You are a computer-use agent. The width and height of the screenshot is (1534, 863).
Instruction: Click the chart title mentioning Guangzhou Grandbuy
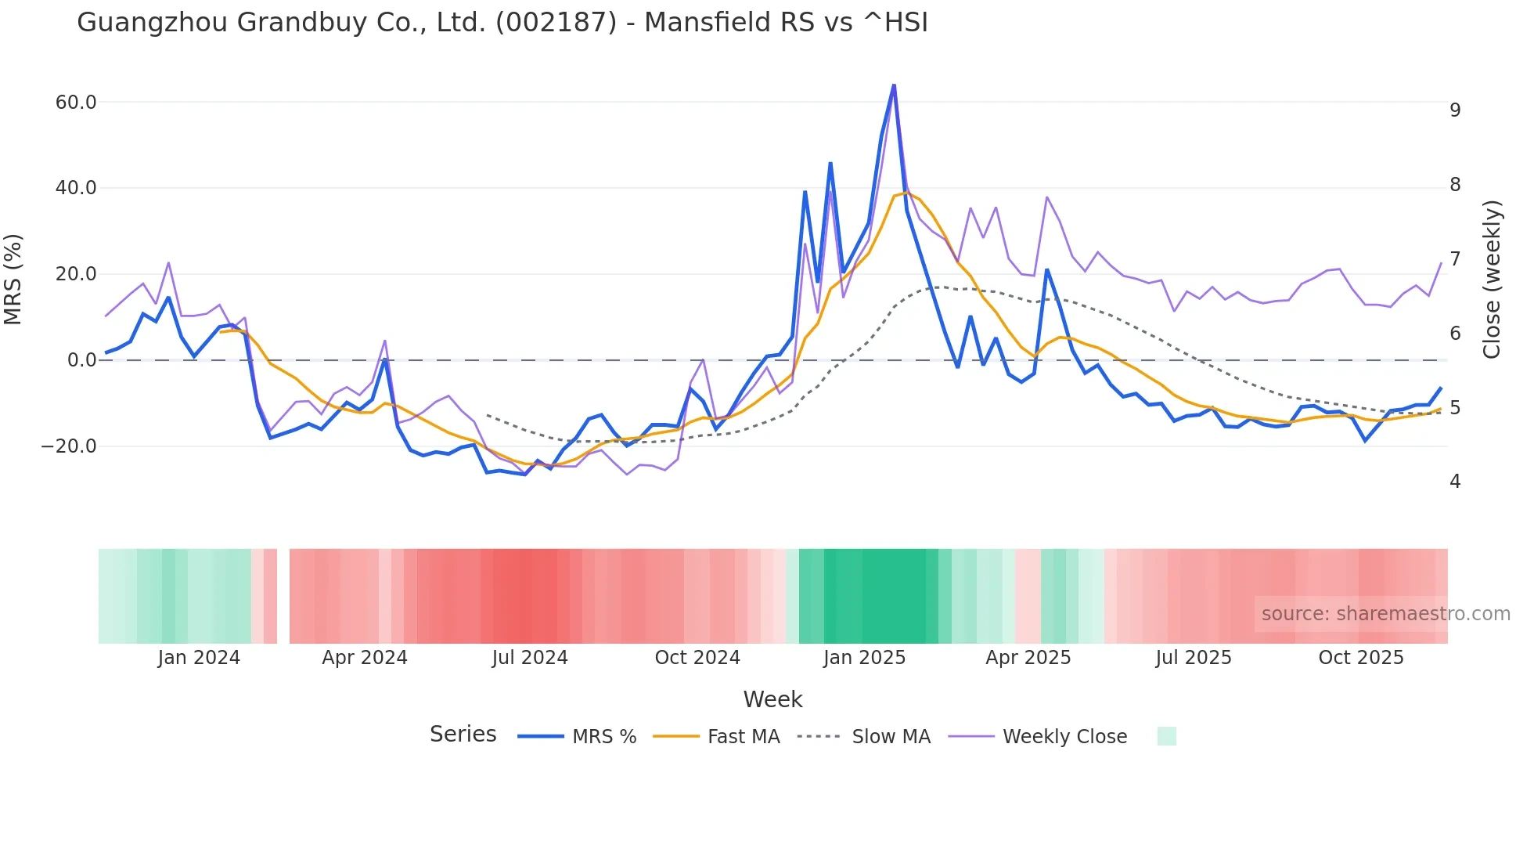tap(502, 23)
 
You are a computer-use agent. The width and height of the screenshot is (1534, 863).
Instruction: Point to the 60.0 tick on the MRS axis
tap(76, 103)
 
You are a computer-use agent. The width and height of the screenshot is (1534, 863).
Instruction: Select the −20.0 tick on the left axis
tap(69, 446)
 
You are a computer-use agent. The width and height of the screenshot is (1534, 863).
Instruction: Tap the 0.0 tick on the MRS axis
tap(81, 360)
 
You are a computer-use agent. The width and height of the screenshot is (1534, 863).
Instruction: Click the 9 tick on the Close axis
tap(1455, 110)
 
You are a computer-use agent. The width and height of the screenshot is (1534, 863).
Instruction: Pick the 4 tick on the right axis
tap(1455, 482)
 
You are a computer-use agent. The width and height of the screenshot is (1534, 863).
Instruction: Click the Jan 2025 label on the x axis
tap(864, 658)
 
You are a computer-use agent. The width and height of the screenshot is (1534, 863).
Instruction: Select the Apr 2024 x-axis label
tap(365, 658)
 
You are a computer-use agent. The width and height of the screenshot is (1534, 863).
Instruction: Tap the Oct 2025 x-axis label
tap(1361, 658)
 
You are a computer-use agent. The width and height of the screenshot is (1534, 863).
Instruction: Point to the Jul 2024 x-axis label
tap(530, 658)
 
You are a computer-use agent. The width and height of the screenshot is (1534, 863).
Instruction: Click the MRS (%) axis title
tap(13, 279)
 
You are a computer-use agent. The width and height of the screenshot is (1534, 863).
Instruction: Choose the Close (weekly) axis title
tap(1493, 279)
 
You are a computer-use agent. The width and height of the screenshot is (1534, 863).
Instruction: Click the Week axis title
tap(772, 699)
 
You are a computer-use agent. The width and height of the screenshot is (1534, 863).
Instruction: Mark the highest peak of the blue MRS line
tap(894, 85)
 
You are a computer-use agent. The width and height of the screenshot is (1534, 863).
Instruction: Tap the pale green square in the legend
tap(1166, 736)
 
